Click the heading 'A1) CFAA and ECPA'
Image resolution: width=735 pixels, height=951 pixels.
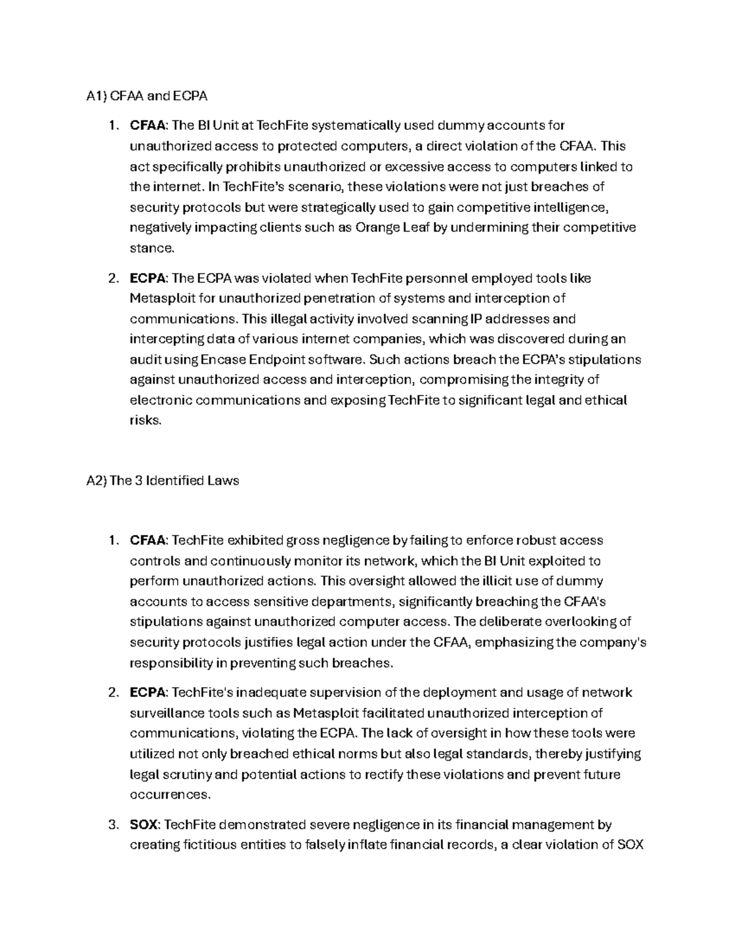point(147,96)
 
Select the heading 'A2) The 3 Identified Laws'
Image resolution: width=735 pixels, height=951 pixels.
point(163,481)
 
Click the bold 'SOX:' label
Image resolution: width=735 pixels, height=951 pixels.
point(145,824)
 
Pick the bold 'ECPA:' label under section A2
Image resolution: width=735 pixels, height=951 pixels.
point(149,693)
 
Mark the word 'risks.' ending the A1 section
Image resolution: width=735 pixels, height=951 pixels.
point(146,421)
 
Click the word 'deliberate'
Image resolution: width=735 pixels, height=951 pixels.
point(510,622)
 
